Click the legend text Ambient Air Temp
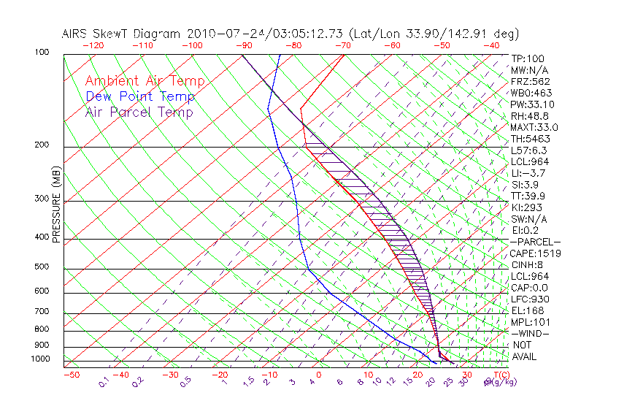tap(145, 81)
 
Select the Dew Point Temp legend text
tap(140, 96)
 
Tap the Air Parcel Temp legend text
tap(139, 112)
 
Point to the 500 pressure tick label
tap(41, 267)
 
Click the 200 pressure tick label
tap(41, 145)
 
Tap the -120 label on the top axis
tap(93, 45)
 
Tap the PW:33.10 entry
tap(532, 104)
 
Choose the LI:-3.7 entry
tap(528, 173)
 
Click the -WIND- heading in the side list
tap(530, 334)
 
